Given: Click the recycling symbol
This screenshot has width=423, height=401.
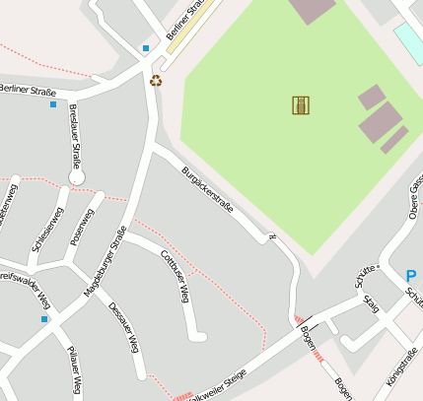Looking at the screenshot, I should tap(156, 81).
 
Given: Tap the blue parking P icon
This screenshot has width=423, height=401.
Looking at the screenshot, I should tap(411, 276).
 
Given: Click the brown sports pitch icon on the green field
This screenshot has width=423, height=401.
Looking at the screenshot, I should tap(301, 104).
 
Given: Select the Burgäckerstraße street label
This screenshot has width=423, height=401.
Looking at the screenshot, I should tap(207, 191).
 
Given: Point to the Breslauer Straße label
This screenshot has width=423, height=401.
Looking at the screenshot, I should tap(74, 136).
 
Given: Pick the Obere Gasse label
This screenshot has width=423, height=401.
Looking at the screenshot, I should tap(415, 198).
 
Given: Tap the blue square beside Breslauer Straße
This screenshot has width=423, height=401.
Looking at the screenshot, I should tap(53, 104).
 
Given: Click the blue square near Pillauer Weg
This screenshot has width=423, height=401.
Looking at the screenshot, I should tap(44, 319).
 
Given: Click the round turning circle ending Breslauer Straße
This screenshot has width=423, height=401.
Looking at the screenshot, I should tap(77, 177).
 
